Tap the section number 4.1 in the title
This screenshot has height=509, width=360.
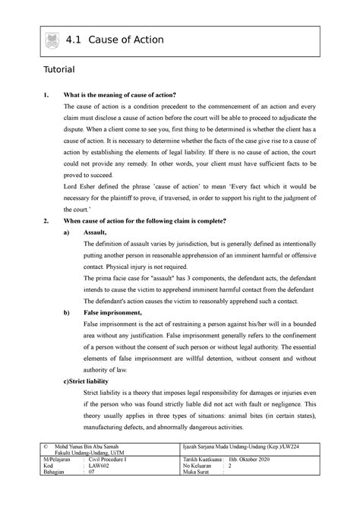[76, 41]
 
